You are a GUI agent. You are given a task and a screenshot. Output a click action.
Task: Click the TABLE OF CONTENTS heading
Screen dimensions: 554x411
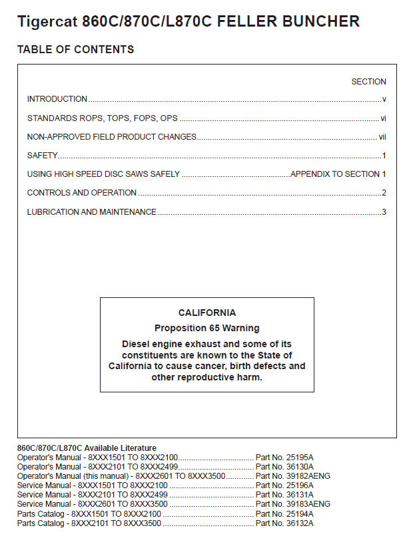tap(75, 50)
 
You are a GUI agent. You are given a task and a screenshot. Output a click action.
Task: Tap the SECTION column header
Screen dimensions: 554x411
tap(368, 82)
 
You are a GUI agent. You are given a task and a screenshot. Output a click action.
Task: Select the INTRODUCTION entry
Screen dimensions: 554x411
tap(57, 99)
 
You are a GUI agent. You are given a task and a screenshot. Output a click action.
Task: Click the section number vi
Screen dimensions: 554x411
tap(384, 118)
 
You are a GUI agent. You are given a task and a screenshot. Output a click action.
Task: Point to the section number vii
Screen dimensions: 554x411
tap(383, 137)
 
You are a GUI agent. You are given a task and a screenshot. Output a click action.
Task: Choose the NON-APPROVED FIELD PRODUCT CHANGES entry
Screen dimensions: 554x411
tap(112, 137)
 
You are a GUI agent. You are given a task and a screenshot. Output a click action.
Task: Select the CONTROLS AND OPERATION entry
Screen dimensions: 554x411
tap(82, 193)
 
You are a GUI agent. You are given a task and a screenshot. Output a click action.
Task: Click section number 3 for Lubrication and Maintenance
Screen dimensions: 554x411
tap(384, 212)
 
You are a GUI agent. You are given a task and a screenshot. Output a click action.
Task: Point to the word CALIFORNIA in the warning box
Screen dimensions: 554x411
tap(206, 313)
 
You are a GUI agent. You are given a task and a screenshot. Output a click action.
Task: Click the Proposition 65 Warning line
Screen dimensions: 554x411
tap(206, 328)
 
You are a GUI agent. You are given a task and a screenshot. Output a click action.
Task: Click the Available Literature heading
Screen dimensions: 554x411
tap(87, 448)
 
